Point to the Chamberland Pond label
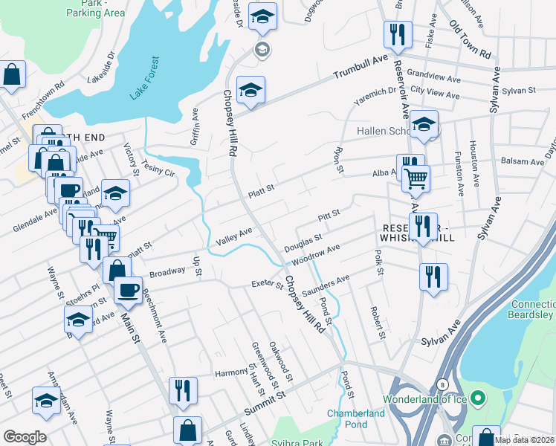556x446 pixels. coord(356,418)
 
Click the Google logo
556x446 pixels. coord(25,437)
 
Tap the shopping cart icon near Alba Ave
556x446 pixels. coord(416,178)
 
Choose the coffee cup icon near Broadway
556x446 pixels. coord(129,288)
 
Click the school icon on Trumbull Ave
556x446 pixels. coord(250,91)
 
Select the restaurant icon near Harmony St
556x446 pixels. coord(182,390)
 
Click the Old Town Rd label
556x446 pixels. coord(471,42)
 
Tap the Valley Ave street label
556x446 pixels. coord(234,237)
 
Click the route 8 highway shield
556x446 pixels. coord(442,384)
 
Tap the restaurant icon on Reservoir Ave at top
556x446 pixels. coord(395,33)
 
